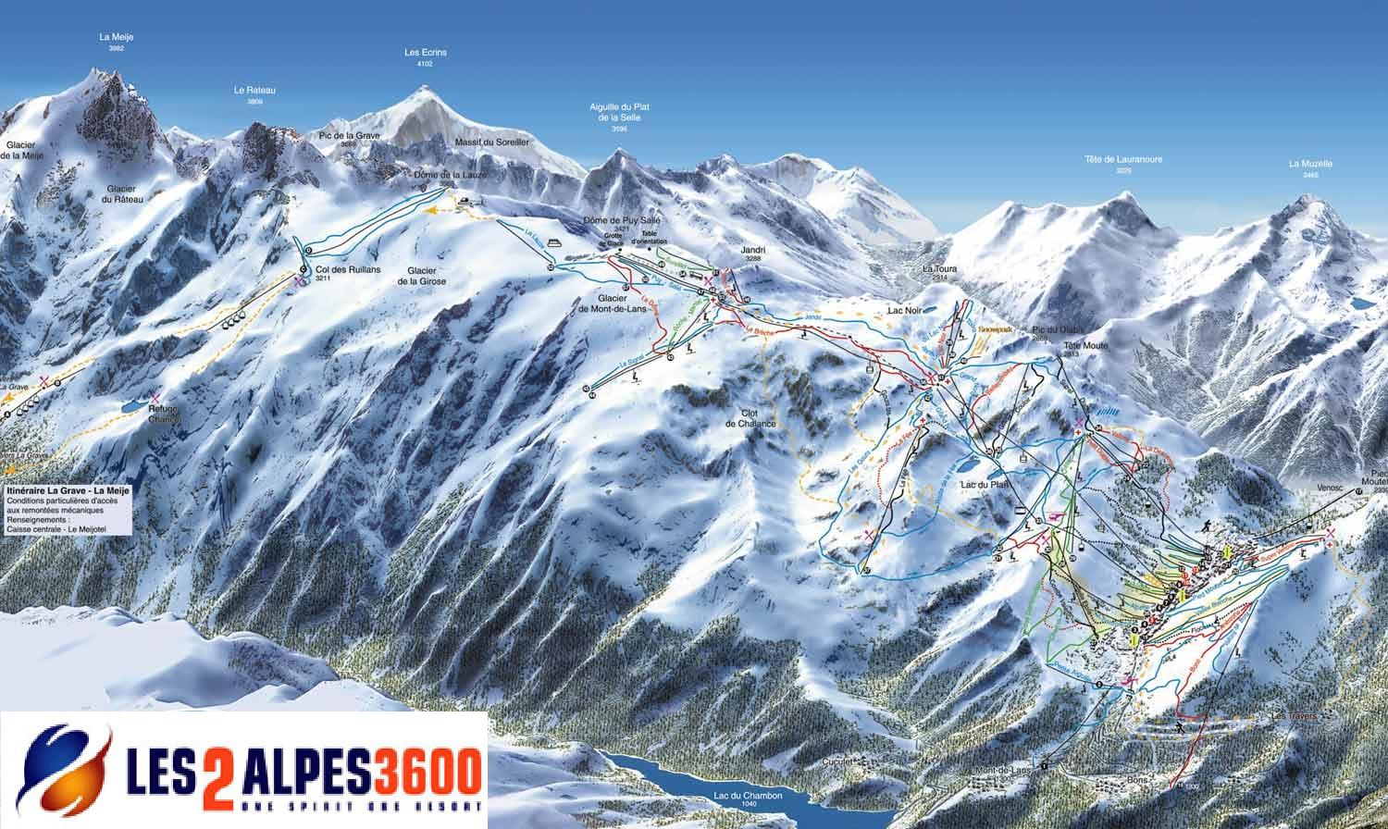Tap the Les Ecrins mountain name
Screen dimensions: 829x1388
(426, 53)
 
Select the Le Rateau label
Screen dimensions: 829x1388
(254, 91)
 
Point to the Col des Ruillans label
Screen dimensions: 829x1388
(322, 270)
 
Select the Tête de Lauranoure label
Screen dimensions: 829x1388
(1122, 159)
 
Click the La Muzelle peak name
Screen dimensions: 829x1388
(1310, 164)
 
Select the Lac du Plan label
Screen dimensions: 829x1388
(983, 483)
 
